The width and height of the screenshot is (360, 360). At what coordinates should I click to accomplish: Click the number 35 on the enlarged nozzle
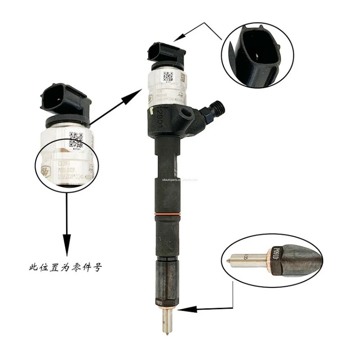click(245, 258)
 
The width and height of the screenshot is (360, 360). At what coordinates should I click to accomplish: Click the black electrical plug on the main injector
click(166, 52)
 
